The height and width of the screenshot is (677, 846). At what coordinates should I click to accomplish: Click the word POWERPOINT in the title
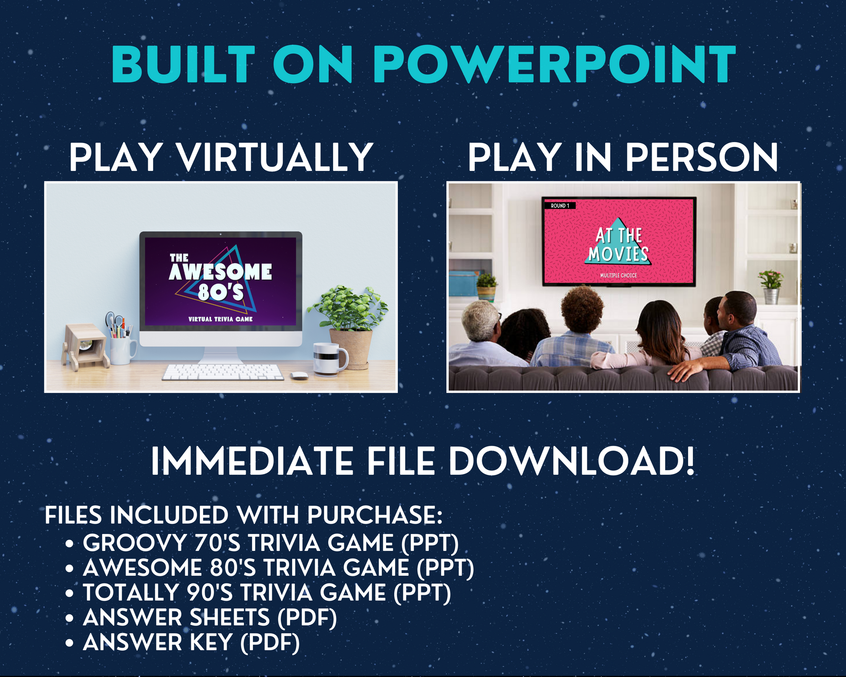[555, 64]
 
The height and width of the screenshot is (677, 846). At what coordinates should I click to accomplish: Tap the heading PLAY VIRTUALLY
[221, 157]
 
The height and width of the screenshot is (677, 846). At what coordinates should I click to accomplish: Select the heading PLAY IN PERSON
[623, 157]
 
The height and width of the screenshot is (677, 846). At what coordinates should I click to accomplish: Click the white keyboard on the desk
[223, 372]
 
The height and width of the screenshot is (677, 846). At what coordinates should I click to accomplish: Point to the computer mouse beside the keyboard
[299, 376]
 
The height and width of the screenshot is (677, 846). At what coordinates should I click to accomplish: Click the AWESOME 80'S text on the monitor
[220, 280]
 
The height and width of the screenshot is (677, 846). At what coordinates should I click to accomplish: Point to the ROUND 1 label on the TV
[560, 206]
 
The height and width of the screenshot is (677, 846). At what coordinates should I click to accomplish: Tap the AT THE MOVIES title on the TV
[619, 245]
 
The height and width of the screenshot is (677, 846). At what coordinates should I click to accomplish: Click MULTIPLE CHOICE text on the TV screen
[619, 275]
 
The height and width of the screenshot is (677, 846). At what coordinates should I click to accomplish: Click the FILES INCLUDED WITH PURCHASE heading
[243, 515]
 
